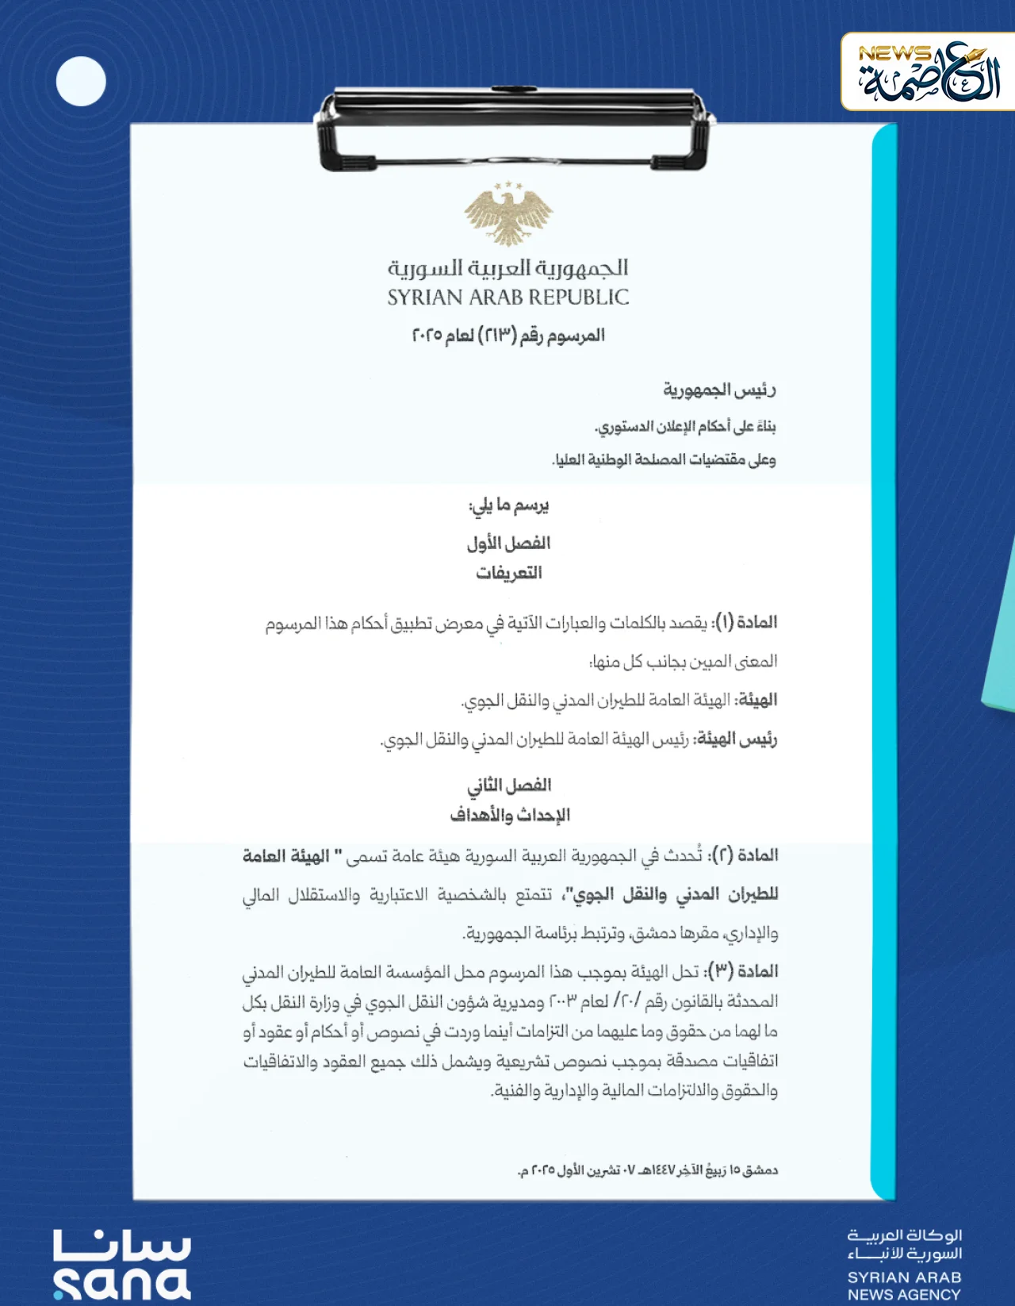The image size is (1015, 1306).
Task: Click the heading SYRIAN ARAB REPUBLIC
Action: point(508,298)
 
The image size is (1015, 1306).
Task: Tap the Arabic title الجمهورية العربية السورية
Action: point(508,267)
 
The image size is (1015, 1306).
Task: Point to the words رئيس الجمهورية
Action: point(719,390)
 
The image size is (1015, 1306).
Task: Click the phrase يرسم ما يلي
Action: point(508,505)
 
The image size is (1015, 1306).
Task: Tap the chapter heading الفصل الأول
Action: point(508,544)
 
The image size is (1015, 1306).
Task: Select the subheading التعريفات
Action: point(508,573)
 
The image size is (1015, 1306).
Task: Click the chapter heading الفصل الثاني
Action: point(508,786)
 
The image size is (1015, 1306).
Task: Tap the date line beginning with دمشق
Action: point(647,1170)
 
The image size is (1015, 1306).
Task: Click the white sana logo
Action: point(122,1266)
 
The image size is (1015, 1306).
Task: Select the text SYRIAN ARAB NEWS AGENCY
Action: point(904,1286)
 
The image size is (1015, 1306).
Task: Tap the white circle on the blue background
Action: point(81,81)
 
